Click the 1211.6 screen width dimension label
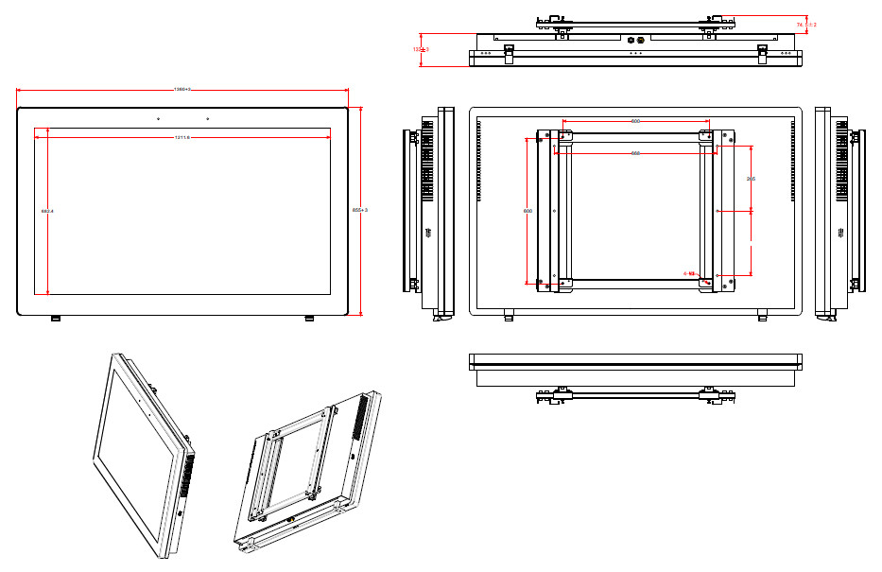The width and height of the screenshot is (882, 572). pos(182,138)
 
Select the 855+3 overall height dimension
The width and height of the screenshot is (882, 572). pos(359,210)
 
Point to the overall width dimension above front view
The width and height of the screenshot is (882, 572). pos(182,90)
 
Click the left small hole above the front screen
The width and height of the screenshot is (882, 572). pos(158,119)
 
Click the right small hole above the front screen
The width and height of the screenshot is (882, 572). pos(207,119)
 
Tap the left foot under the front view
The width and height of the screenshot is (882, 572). pos(55,319)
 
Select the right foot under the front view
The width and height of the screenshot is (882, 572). pos(309,319)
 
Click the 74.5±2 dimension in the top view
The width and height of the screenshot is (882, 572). pos(806,24)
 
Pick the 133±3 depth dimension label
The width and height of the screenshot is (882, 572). pos(420,48)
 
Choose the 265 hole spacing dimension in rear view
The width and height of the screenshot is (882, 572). pos(751,178)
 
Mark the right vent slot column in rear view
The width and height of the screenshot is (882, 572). pos(791,161)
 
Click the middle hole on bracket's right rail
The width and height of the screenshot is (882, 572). pos(718,211)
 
